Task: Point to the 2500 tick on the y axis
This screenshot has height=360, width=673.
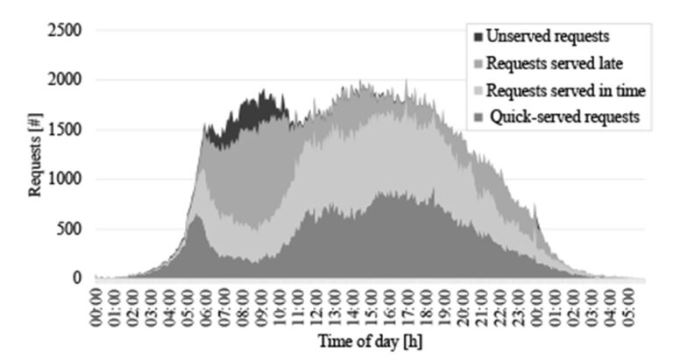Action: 66,31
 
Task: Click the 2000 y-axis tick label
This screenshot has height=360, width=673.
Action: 66,80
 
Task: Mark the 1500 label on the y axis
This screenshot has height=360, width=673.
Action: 66,130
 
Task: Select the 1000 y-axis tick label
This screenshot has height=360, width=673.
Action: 66,180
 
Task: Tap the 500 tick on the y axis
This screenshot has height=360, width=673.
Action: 69,229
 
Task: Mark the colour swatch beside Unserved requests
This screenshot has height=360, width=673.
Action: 478,37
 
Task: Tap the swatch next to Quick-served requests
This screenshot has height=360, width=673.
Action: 478,116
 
